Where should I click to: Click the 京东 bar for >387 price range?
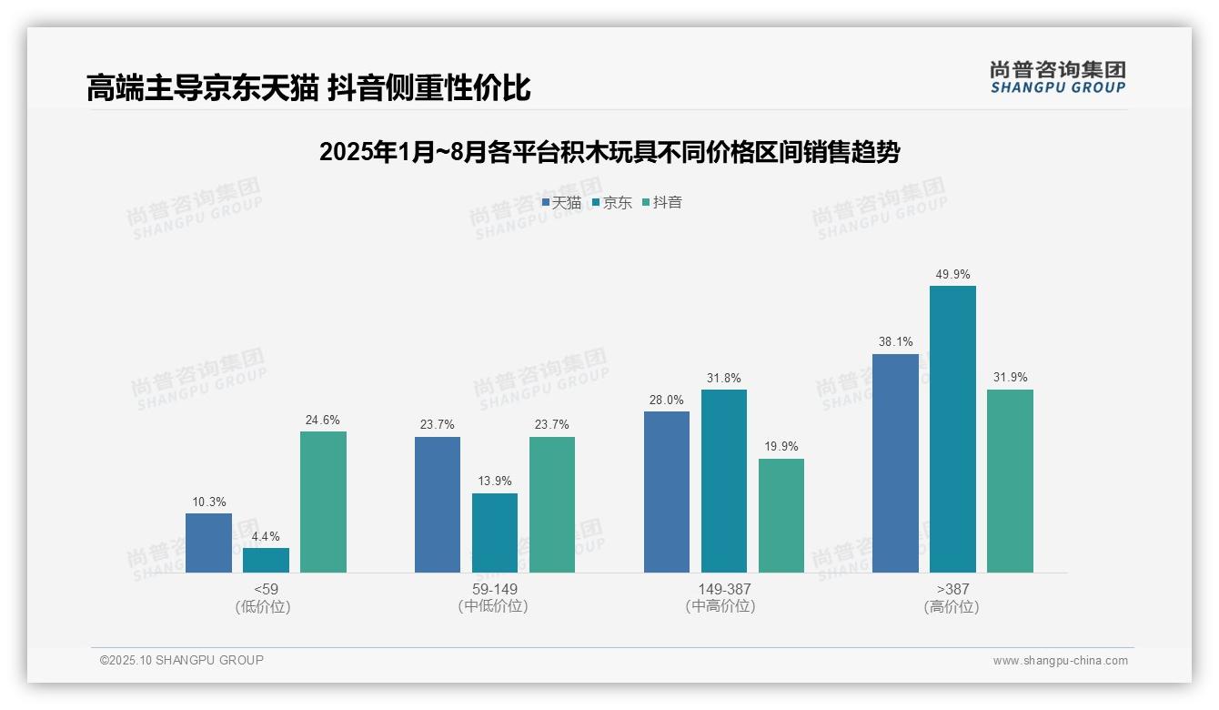[x=952, y=429]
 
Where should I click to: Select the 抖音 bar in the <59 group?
[x=323, y=502]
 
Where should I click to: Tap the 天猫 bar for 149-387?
[x=667, y=492]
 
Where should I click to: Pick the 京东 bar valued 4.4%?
[x=266, y=560]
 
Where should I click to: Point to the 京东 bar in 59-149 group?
[x=495, y=532]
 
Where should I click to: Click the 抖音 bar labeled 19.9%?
[x=781, y=515]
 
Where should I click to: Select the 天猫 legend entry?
[x=561, y=203]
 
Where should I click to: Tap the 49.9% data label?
[x=952, y=274]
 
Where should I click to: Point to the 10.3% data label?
[x=208, y=502]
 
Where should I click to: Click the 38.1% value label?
[x=895, y=342]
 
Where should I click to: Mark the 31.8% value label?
[x=724, y=378]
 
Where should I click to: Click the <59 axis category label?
[x=266, y=589]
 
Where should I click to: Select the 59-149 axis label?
[x=495, y=589]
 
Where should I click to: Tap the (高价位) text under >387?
[x=952, y=607]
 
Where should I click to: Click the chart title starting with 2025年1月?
[x=609, y=152]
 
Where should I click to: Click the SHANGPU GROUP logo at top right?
[x=1057, y=77]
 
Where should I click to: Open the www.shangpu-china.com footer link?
[x=1060, y=661]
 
